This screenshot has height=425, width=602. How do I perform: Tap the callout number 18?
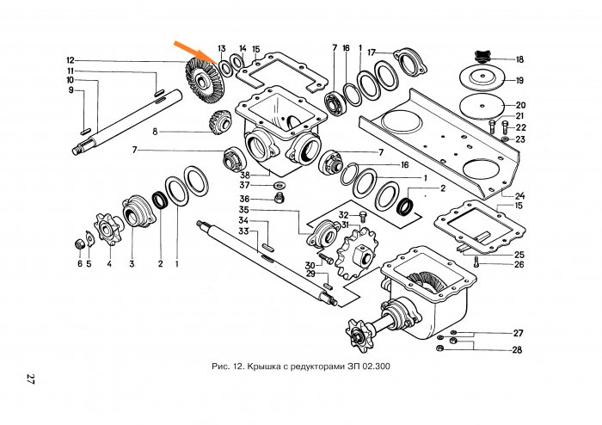pyautogui.click(x=519, y=59)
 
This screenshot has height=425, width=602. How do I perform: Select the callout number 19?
pyautogui.click(x=519, y=81)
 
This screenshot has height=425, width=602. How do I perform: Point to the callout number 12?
pyautogui.click(x=71, y=60)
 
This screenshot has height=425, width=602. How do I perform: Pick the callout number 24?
pyautogui.click(x=519, y=195)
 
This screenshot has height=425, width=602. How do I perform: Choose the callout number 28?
pyautogui.click(x=518, y=350)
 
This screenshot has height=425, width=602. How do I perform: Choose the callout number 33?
pyautogui.click(x=244, y=231)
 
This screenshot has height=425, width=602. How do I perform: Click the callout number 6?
pyautogui.click(x=79, y=264)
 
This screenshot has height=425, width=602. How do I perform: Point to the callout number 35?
pyautogui.click(x=244, y=209)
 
